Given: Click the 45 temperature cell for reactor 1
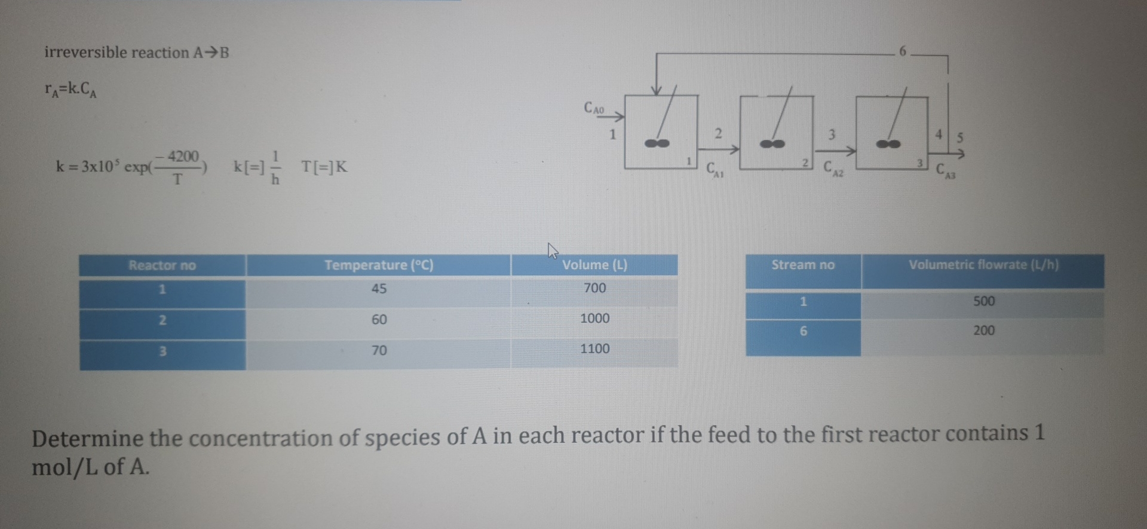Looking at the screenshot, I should [x=379, y=289].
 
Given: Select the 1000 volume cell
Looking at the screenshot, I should [x=594, y=319].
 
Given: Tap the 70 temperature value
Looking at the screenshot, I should [x=379, y=350].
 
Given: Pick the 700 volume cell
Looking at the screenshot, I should [x=594, y=288].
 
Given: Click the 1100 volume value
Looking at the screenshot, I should [x=594, y=349].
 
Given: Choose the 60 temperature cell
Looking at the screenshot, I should [x=379, y=320].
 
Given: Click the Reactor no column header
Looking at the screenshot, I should [x=162, y=265].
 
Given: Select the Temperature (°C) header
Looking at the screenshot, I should [x=379, y=265].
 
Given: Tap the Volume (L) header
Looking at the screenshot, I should [x=594, y=265].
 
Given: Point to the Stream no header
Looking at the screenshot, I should [x=802, y=265].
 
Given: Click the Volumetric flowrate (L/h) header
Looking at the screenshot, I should [x=983, y=265].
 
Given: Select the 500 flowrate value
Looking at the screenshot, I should [x=983, y=301].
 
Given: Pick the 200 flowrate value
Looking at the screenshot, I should [x=983, y=331].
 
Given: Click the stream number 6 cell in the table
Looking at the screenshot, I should [x=803, y=331].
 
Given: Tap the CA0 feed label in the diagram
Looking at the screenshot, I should [x=594, y=109].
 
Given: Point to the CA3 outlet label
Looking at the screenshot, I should [x=945, y=171].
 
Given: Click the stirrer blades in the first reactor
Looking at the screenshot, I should [x=657, y=143].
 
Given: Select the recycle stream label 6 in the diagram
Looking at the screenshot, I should [x=903, y=52].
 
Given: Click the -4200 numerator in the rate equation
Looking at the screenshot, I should [x=182, y=157].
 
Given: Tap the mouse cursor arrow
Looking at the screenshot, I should [x=553, y=250].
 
